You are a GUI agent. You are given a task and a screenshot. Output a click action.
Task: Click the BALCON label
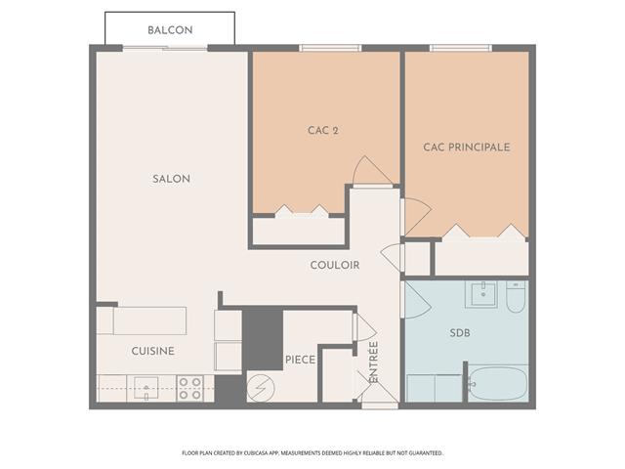click(x=170, y=30)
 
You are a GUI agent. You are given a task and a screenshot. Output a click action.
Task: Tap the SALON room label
click(x=171, y=179)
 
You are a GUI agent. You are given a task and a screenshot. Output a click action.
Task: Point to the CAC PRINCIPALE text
click(x=466, y=148)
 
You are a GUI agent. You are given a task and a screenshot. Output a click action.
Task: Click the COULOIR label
click(x=335, y=265)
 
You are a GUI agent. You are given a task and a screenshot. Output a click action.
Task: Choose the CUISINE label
click(x=153, y=351)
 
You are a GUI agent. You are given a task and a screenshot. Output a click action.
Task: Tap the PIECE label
click(x=300, y=360)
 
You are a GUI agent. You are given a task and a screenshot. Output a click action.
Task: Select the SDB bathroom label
click(x=460, y=333)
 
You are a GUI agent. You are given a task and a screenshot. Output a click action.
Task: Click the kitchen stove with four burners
click(x=190, y=388)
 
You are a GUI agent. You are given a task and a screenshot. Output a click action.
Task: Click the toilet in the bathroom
click(x=517, y=297)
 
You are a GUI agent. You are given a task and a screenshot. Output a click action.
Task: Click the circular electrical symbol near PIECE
click(x=261, y=387)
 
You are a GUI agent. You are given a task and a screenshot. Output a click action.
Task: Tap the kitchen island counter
click(x=149, y=320)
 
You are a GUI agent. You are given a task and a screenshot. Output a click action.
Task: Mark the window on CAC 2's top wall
click(x=322, y=47)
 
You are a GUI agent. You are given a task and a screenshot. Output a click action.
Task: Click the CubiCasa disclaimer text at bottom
click(x=312, y=453)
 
